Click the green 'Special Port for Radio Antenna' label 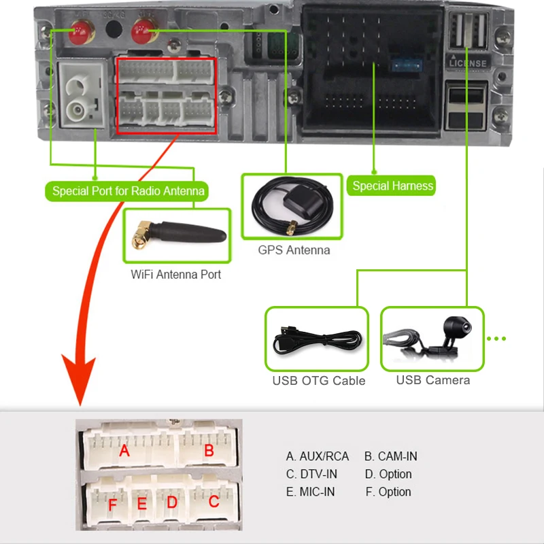pos(128,191)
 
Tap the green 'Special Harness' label pos(392,186)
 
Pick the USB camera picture pos(432,338)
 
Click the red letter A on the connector pos(124,450)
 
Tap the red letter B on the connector pos(209,450)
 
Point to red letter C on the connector pos(214,503)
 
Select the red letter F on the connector pos(113,505)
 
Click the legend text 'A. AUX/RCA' pos(317,456)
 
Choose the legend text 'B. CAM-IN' pos(390,456)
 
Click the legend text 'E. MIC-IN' pos(311,492)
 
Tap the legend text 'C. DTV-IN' pos(311,474)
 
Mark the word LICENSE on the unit pos(469,63)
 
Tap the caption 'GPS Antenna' pos(294,250)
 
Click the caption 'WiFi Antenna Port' pos(175,275)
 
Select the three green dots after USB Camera pos(497,339)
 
